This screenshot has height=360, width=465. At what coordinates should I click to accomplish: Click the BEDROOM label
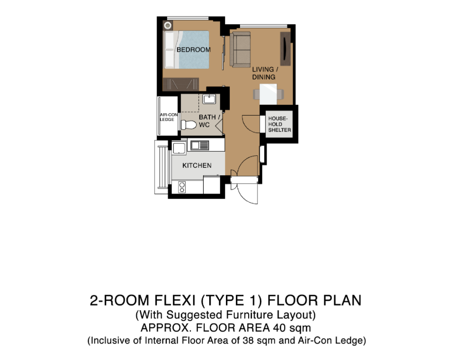coord(193,50)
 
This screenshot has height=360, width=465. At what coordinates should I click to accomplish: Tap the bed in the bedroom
coord(187,50)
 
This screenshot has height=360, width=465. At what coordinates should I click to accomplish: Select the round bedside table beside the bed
coord(168,26)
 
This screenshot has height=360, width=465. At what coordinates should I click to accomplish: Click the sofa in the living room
coord(241,50)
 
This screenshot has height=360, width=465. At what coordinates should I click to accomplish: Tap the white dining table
coord(269,93)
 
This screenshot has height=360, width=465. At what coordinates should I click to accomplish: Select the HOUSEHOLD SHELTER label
coord(278,124)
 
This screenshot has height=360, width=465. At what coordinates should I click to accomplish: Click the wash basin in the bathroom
coord(209,99)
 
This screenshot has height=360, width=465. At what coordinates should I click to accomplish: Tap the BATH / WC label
coord(209,121)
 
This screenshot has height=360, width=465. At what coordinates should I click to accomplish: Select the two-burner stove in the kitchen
coord(182,187)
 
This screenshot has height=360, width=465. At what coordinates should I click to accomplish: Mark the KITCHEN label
coord(197,165)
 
